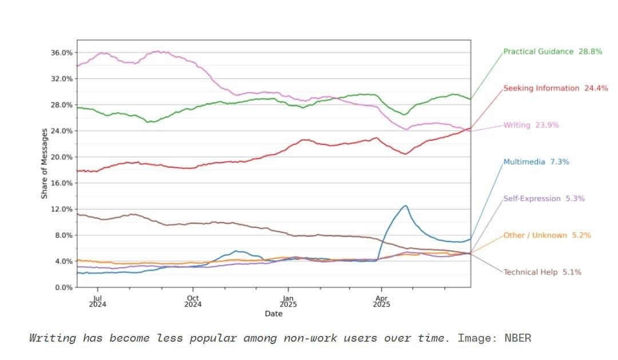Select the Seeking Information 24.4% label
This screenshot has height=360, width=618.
coord(555,88)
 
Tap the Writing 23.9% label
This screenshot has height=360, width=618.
coord(530,125)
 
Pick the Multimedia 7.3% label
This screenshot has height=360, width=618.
coord(536,162)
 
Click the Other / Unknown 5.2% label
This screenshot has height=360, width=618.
coord(546,235)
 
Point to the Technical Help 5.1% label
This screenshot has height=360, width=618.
coord(542,272)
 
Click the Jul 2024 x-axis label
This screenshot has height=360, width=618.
coord(98,301)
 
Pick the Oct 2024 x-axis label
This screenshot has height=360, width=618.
coord(193,301)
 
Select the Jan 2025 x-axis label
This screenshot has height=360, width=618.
coord(288,301)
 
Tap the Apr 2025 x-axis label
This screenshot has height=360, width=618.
coord(381,301)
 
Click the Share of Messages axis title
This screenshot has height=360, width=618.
coord(45,164)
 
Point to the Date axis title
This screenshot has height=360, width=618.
coord(273,314)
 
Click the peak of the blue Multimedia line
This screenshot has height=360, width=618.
coord(405,205)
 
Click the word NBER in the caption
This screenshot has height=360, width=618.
coord(517,338)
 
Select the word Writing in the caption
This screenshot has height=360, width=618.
coord(52,338)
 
